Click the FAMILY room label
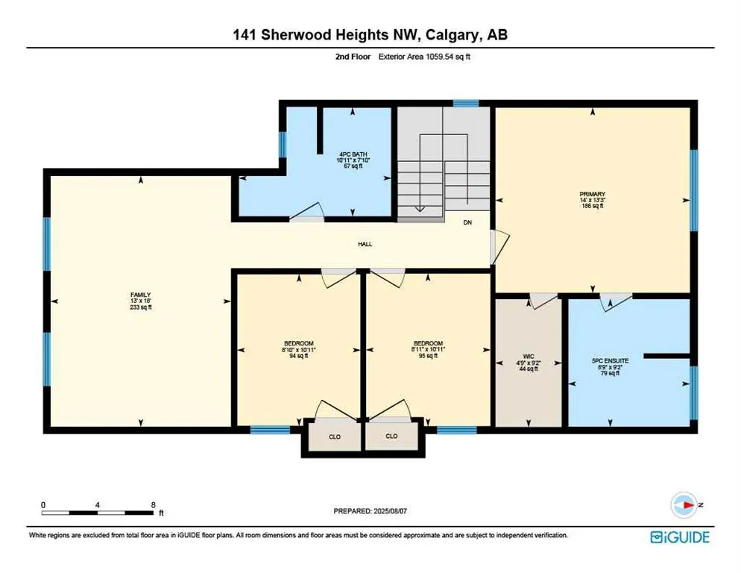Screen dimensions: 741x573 click(140, 295)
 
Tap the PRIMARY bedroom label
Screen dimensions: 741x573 click(592, 194)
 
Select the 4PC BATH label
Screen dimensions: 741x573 click(353, 154)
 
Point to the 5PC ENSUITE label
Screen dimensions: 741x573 click(610, 360)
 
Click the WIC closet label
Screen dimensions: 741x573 click(529, 357)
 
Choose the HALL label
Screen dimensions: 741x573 click(365, 244)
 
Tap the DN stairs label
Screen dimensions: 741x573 click(467, 222)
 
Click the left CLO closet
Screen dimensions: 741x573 click(335, 436)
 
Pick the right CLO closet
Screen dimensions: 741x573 click(392, 436)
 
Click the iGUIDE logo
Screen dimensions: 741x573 click(680, 537)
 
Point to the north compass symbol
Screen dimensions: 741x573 click(684, 505)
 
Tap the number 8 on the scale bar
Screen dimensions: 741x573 click(153, 505)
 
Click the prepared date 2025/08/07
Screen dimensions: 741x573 click(390, 511)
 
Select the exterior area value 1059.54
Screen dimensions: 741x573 click(440, 57)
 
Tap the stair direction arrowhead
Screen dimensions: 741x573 click(420, 209)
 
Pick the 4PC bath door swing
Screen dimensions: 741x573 click(307, 212)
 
